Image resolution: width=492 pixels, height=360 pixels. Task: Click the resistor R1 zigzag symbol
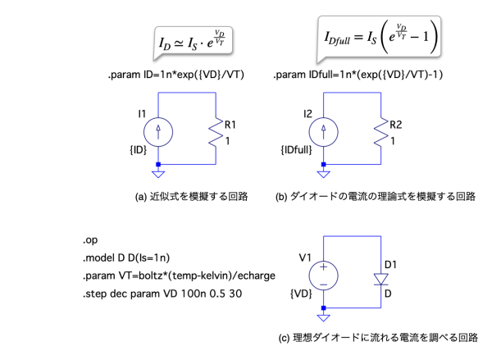point(216,131)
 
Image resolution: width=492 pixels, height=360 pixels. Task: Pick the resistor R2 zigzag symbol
point(381,131)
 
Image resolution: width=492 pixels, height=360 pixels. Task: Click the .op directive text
point(89,241)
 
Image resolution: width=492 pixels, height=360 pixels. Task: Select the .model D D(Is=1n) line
point(126,257)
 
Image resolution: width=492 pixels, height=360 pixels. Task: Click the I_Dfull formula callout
point(380,36)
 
